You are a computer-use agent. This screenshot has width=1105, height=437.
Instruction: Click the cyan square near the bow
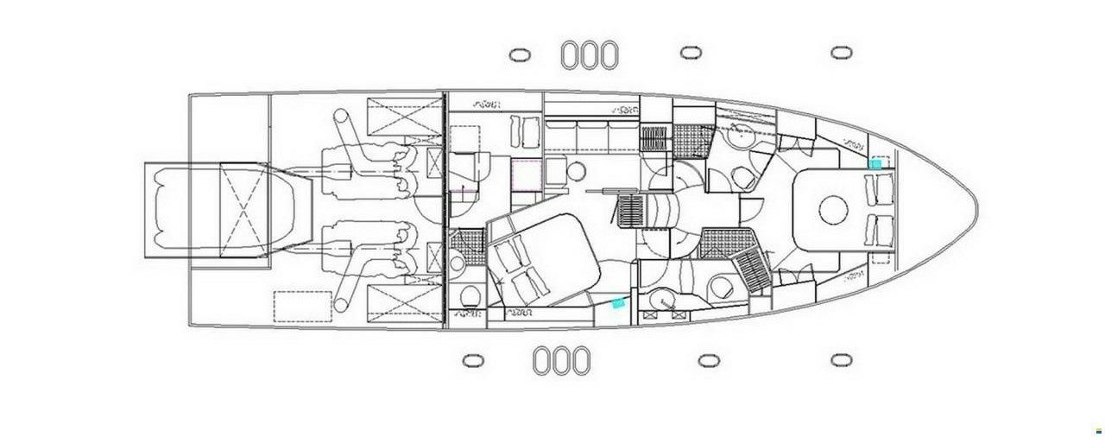[x=876, y=163]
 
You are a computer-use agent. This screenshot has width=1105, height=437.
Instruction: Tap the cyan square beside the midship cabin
[x=617, y=303]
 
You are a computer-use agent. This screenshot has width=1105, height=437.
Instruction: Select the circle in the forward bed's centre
[x=833, y=207]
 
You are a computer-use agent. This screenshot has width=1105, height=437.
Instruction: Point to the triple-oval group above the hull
[x=590, y=54]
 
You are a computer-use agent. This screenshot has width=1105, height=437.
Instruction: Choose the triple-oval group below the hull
[x=562, y=359]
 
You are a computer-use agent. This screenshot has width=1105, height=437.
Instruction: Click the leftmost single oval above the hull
[x=519, y=54]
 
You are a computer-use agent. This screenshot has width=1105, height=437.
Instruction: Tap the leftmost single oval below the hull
[x=472, y=359]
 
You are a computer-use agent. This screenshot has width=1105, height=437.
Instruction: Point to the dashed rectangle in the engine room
[x=303, y=306]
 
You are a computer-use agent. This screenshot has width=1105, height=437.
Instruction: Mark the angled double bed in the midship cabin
[x=544, y=256]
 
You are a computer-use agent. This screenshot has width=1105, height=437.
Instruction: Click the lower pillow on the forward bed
[x=881, y=228]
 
